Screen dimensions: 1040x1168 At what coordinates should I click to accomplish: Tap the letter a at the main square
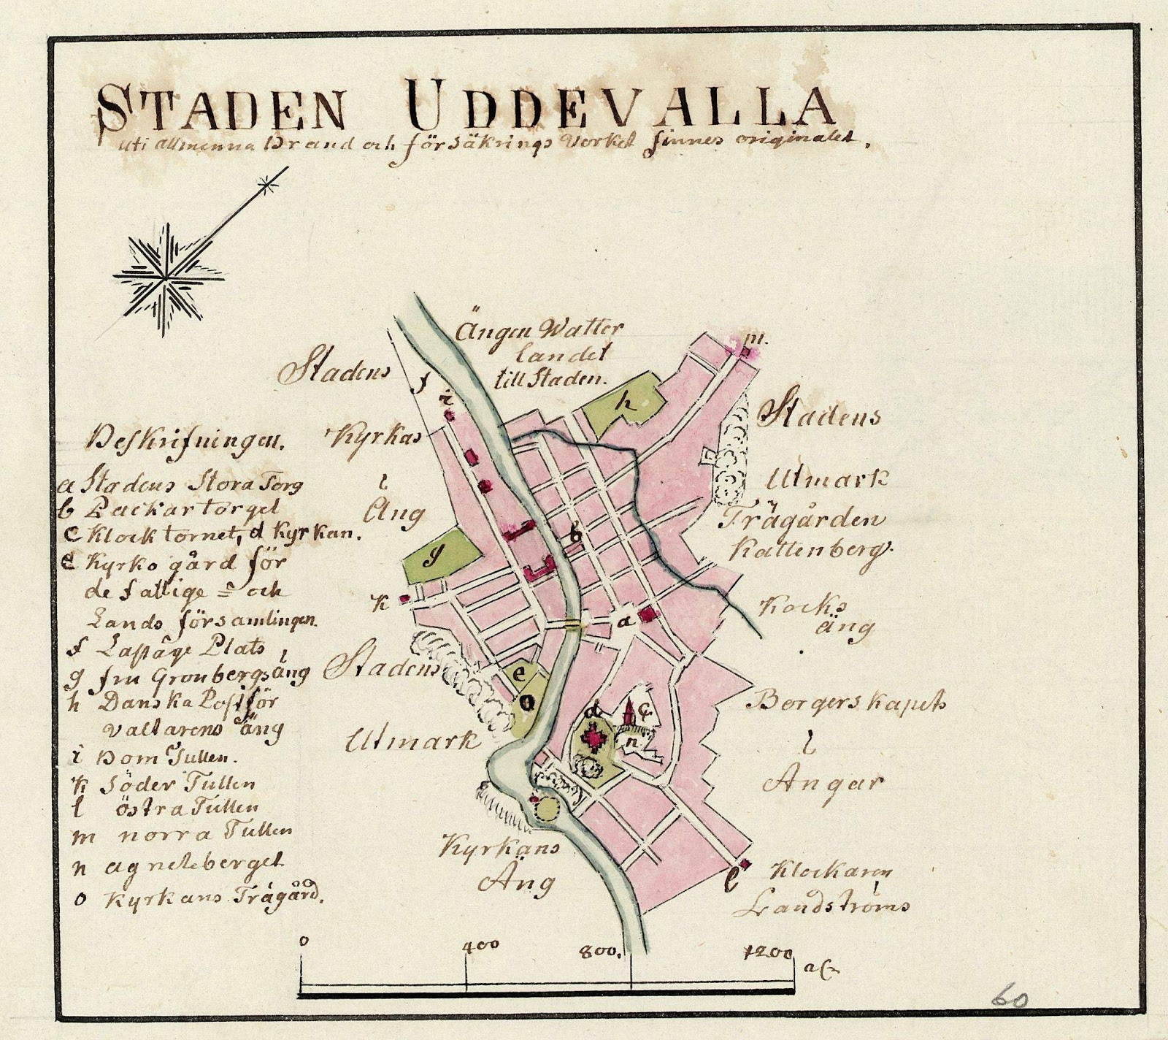(623, 622)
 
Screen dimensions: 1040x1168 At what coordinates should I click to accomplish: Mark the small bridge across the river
(575, 624)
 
